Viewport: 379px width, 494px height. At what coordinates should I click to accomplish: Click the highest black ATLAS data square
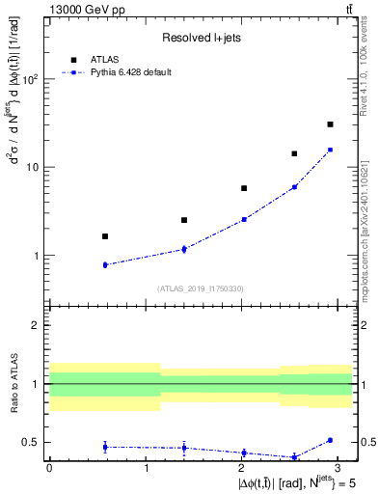pos(330,124)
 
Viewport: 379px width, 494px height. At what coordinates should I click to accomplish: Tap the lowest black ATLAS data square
pos(104,236)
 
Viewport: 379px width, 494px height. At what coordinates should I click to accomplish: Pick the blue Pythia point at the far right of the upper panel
pos(330,150)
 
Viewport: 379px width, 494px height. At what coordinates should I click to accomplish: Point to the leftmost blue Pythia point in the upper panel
pos(104,264)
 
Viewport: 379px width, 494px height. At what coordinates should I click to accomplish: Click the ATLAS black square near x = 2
pos(244,188)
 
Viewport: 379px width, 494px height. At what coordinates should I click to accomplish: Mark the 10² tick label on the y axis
pos(29,79)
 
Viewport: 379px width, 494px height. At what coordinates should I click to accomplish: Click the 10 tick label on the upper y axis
pos(32,167)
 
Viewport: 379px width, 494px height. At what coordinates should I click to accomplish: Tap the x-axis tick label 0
pos(49,468)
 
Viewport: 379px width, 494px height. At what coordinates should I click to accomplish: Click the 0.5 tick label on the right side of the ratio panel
pos(365,443)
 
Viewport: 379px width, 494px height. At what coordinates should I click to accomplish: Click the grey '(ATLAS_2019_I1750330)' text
pos(201,288)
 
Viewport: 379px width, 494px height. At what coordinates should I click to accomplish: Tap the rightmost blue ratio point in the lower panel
pos(330,440)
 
